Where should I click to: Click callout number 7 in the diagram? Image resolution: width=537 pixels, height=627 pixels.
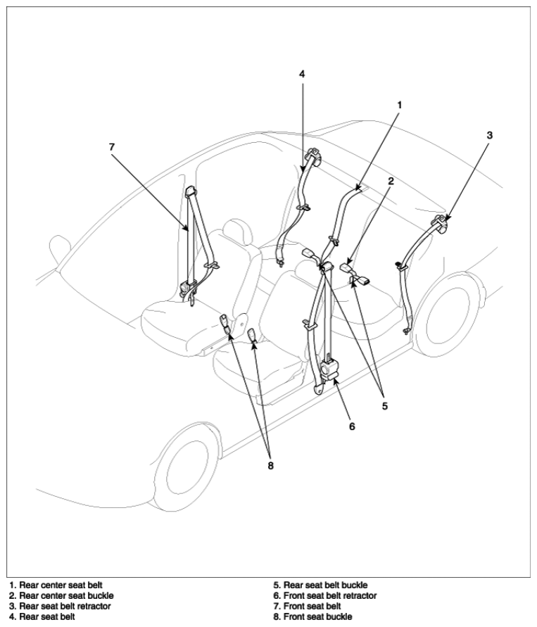click(x=112, y=147)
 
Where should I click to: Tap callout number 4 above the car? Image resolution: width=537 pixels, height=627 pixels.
click(x=302, y=74)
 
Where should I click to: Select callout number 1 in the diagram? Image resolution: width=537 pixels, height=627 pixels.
click(x=399, y=105)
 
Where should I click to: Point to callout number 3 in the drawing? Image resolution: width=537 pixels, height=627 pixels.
click(x=489, y=135)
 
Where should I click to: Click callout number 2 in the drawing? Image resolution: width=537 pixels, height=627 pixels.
click(x=391, y=181)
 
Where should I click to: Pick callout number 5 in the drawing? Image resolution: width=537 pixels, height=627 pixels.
click(x=385, y=406)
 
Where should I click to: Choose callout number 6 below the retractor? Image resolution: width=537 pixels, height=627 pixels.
click(x=352, y=426)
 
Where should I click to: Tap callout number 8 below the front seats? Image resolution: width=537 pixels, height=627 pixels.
click(x=271, y=466)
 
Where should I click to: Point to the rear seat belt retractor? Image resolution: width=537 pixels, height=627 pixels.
click(x=441, y=224)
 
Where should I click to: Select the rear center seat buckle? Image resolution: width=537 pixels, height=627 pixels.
click(x=345, y=267)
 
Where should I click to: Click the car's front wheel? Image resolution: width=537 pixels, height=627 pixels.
click(x=187, y=469)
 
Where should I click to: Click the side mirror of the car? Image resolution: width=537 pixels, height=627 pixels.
click(x=59, y=247)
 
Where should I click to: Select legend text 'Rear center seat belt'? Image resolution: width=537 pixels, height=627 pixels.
click(x=56, y=585)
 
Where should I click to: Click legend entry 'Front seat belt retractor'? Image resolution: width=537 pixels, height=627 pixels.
click(x=325, y=596)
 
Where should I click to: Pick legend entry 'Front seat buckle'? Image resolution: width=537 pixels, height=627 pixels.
click(x=312, y=616)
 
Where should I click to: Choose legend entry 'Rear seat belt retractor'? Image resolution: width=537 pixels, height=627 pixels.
click(x=60, y=606)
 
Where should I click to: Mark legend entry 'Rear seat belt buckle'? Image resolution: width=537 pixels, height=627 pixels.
click(x=321, y=585)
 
